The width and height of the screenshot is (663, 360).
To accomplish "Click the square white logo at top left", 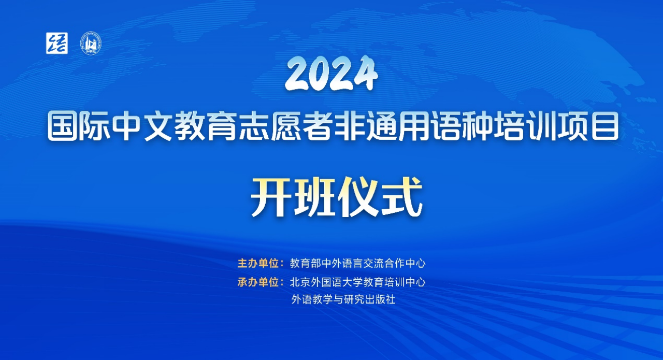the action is [x=57, y=43].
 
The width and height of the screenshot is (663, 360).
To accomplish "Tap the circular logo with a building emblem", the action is [x=91, y=43].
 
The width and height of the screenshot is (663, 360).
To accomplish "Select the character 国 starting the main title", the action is [x=63, y=126].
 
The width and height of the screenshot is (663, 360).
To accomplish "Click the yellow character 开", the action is [x=269, y=197].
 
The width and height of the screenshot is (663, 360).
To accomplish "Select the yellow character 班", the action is [x=314, y=197].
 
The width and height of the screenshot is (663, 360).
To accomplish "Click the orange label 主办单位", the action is [x=258, y=263].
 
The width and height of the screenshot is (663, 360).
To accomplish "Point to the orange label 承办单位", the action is [x=258, y=282].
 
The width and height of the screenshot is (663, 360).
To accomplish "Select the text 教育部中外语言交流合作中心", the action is [x=357, y=263].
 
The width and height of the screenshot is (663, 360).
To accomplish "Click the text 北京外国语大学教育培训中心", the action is [x=357, y=282].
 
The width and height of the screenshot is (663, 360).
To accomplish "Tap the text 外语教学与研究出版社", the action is [x=343, y=299].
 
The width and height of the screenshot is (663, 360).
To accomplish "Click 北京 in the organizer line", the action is [x=300, y=282].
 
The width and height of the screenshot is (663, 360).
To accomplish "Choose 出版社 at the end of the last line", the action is [x=380, y=299].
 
